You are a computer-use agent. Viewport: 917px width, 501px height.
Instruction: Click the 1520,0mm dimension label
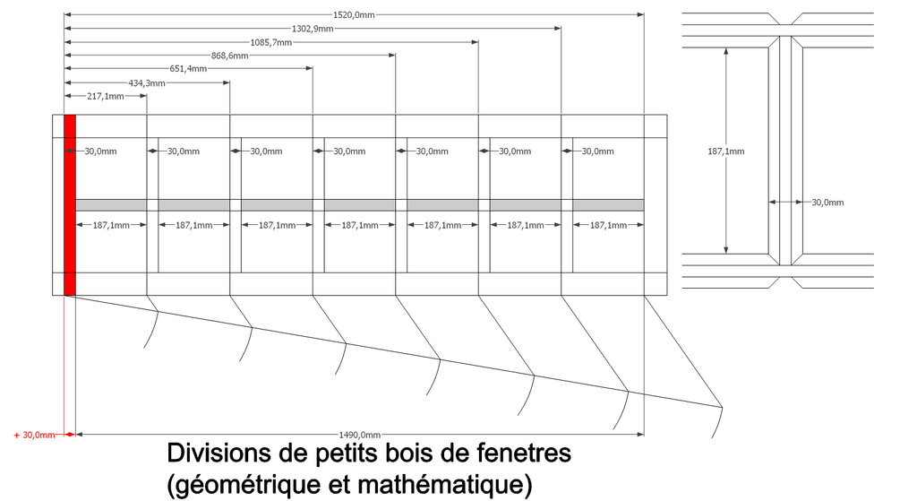[x=353, y=14]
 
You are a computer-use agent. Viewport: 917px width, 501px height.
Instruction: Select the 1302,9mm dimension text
[x=313, y=29]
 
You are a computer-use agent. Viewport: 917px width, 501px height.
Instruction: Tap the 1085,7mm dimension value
[x=270, y=42]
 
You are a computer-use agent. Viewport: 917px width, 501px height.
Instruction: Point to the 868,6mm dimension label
[x=230, y=56]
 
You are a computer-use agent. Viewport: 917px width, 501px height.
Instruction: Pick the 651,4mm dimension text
[x=188, y=69]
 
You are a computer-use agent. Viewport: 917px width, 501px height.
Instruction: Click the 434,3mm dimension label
[x=147, y=83]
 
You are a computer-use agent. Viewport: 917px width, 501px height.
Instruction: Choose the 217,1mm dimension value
[x=106, y=97]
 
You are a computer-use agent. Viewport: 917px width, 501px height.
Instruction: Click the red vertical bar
[x=70, y=205]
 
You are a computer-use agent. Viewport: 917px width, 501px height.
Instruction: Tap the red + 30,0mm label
[x=35, y=435]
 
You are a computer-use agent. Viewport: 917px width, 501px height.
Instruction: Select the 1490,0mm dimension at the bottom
[x=360, y=435]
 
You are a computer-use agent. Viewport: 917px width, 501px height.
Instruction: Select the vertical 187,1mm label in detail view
[x=725, y=151]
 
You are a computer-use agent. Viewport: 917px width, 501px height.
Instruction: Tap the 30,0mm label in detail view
[x=827, y=203]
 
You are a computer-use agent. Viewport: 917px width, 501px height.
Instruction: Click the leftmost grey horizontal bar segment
[x=111, y=205]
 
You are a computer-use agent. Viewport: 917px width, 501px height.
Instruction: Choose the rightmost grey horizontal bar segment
[x=608, y=205]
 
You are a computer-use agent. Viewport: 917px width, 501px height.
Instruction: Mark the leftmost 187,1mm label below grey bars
[x=111, y=225]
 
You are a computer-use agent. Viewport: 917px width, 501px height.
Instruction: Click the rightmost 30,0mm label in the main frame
[x=597, y=151]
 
